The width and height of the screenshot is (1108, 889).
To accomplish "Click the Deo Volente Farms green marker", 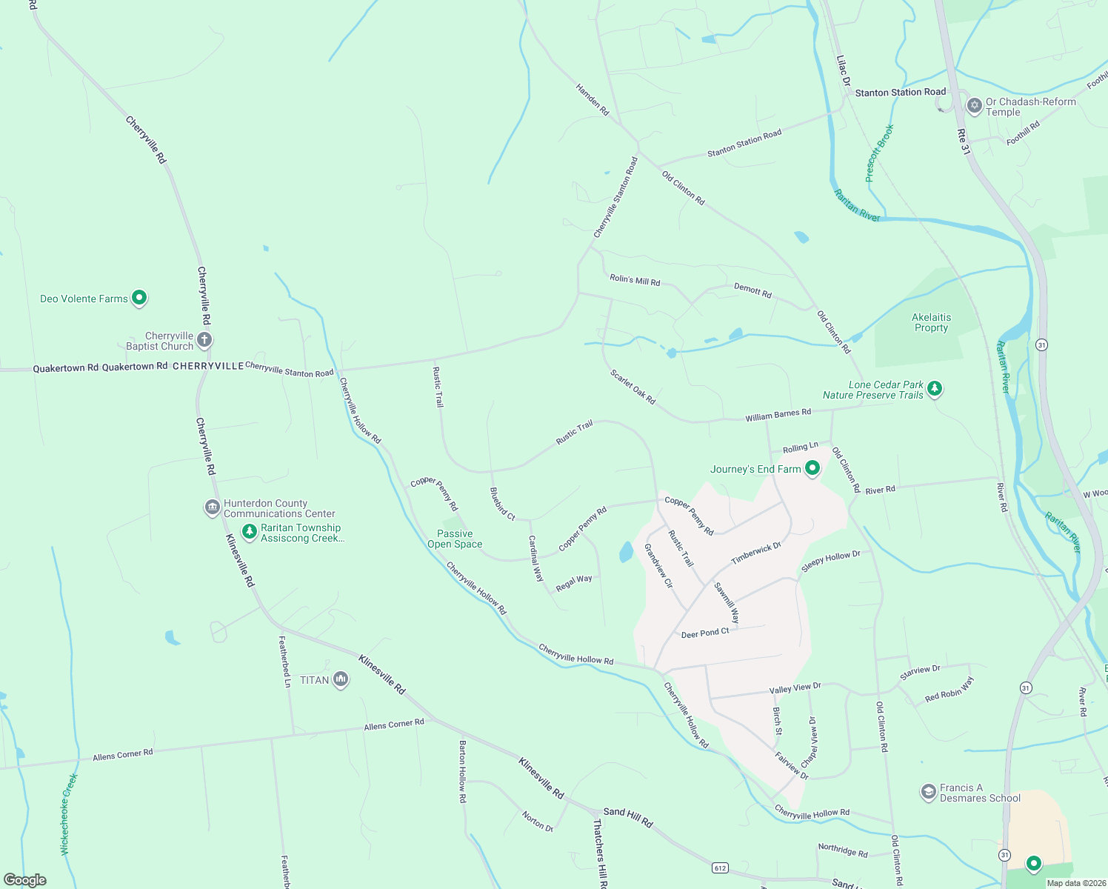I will (139, 298).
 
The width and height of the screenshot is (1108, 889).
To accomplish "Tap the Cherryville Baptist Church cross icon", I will (204, 340).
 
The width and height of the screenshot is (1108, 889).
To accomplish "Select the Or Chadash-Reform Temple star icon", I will (975, 106).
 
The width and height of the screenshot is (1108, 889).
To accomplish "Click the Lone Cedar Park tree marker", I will (935, 388).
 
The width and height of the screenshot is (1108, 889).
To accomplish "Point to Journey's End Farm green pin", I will (812, 468).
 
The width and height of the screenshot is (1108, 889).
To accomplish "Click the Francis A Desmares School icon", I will (928, 792).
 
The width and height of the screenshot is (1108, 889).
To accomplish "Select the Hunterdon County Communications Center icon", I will (213, 507).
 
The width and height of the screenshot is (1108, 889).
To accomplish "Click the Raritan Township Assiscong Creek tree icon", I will (250, 533).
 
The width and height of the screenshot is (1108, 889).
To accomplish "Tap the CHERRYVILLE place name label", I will (208, 366).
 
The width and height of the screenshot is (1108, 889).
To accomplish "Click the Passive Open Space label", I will (455, 539).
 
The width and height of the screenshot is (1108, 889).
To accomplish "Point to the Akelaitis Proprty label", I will (931, 322).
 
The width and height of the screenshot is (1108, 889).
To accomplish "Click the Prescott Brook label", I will (879, 153).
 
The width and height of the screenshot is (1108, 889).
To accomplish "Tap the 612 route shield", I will (720, 867).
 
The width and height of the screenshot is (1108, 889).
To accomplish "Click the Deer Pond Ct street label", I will (705, 633).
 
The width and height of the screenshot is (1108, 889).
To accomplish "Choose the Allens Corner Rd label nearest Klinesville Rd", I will (394, 724).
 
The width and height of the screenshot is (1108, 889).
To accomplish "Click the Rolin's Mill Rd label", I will (635, 280).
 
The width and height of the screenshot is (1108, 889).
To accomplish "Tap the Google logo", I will (24, 880).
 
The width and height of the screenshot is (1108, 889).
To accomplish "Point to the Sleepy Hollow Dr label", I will (830, 561).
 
